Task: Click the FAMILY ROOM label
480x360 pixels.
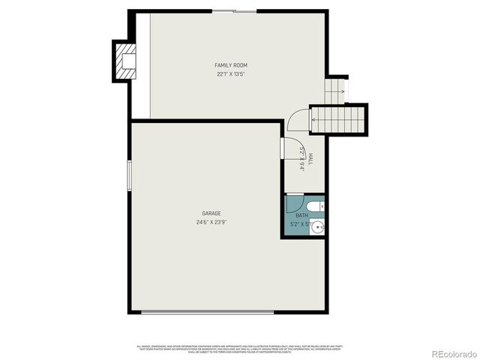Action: [232, 65]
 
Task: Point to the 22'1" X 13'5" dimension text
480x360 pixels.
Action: [232, 74]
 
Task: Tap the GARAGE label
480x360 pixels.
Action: [211, 214]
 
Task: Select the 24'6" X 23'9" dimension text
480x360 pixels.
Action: [211, 222]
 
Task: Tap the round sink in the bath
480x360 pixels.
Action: [318, 226]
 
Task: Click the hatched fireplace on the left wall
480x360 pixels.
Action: [125, 60]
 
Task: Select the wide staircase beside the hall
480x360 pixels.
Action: [339, 120]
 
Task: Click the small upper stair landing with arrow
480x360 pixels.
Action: [335, 91]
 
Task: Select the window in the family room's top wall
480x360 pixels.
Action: [242, 11]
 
